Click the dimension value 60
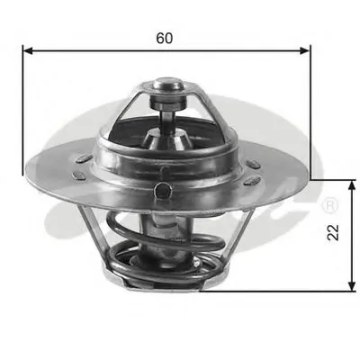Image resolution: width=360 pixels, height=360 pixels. point(165,38)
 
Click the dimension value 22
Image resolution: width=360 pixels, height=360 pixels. point(333,232)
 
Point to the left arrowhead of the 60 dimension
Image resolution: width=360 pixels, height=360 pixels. point(28,51)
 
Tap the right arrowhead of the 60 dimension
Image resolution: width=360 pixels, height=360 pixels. point(304,51)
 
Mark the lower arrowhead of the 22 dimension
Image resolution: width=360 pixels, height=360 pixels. point(351,286)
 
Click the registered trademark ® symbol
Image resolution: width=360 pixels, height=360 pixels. point(330,205)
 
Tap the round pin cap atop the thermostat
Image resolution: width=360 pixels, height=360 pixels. point(168,84)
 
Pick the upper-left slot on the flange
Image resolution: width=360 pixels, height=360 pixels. point(84,158)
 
